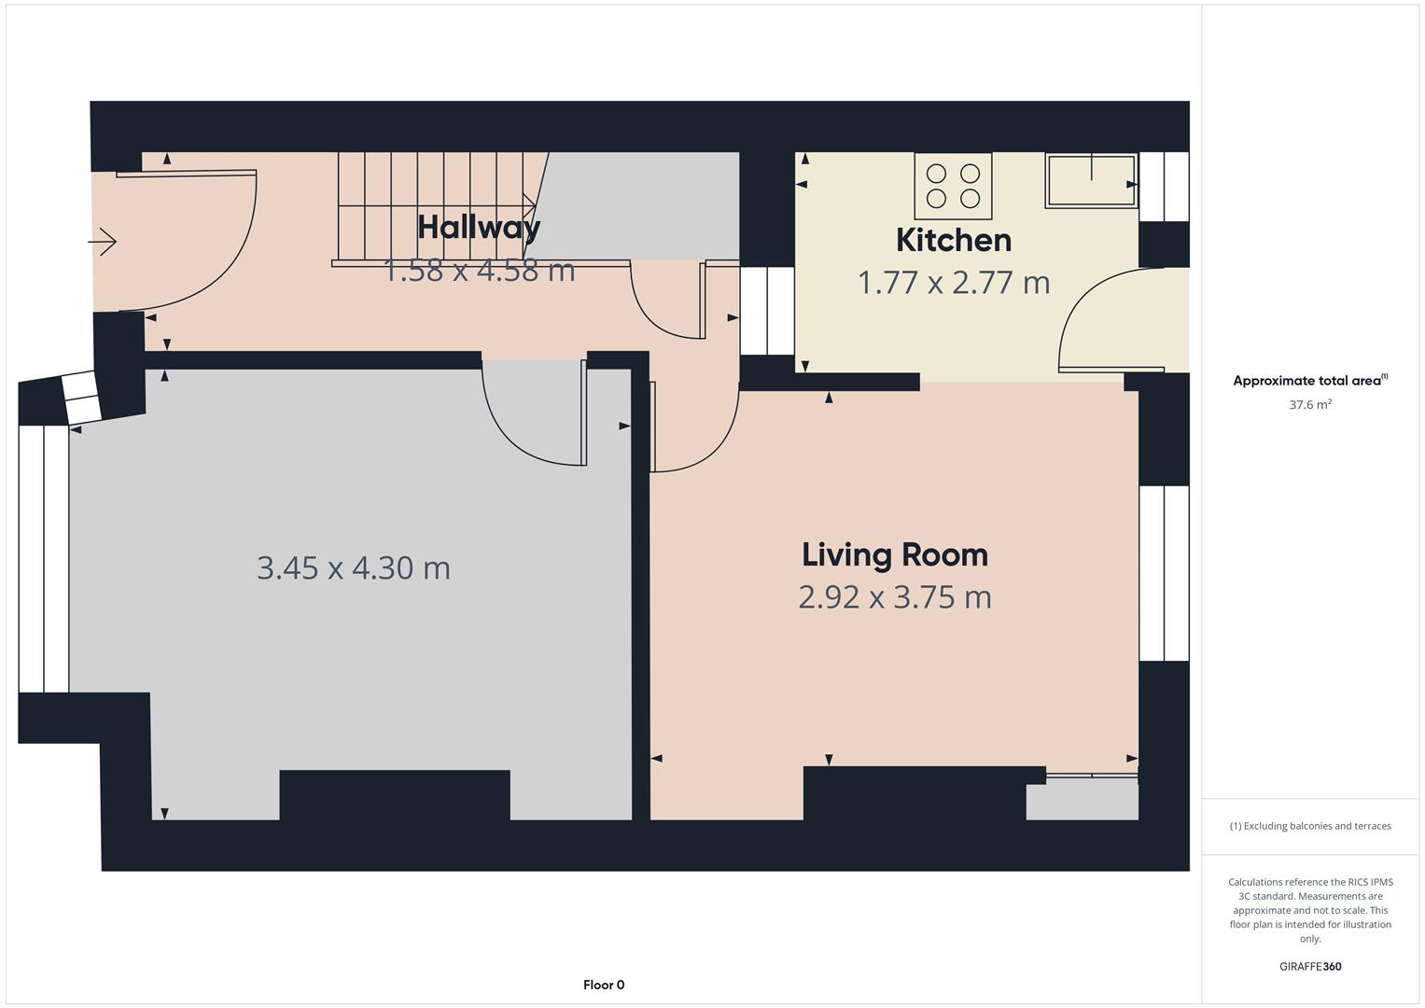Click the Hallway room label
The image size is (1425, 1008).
pyautogui.click(x=479, y=227)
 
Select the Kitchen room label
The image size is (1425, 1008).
pyautogui.click(x=953, y=241)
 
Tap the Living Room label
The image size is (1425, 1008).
pyautogui.click(x=894, y=555)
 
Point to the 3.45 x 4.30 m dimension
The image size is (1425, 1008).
pyautogui.click(x=353, y=567)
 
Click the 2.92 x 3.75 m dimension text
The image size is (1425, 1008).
pyautogui.click(x=894, y=597)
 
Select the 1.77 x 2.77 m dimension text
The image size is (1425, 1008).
pyautogui.click(x=953, y=283)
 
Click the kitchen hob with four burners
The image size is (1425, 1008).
pyautogui.click(x=953, y=186)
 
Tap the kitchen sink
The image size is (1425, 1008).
pyautogui.click(x=1091, y=180)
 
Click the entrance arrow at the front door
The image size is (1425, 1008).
pyautogui.click(x=103, y=243)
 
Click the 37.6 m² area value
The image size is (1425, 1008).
pyautogui.click(x=1309, y=405)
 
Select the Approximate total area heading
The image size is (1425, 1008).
pyautogui.click(x=1309, y=381)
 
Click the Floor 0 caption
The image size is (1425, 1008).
pyautogui.click(x=604, y=985)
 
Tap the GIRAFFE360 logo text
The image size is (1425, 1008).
pyautogui.click(x=1309, y=966)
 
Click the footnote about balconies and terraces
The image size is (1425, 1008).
pyautogui.click(x=1309, y=826)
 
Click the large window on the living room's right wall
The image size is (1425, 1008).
pyautogui.click(x=1164, y=573)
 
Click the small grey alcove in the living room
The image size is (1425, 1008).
pyautogui.click(x=1082, y=800)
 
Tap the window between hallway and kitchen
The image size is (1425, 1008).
pyautogui.click(x=766, y=311)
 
